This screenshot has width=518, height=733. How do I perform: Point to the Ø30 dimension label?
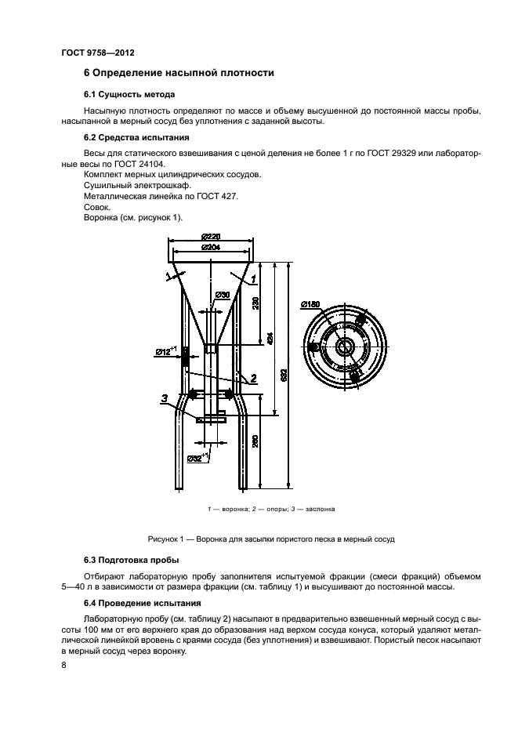[223, 295]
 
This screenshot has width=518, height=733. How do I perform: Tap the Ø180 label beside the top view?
[309, 303]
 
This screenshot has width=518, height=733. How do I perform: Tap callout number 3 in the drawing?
[164, 398]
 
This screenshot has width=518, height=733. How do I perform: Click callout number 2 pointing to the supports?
[255, 378]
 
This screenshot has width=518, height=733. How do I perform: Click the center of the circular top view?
[346, 347]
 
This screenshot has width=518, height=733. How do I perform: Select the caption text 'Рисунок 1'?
[168, 539]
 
